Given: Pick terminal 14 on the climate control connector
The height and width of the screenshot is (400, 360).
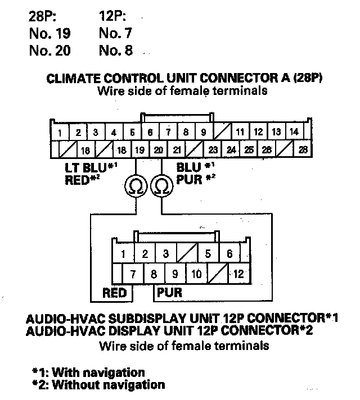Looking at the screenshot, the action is (x=293, y=133).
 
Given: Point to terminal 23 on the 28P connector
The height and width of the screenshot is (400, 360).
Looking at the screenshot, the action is (x=213, y=150).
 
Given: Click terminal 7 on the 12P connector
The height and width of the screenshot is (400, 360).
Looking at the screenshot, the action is (x=134, y=274).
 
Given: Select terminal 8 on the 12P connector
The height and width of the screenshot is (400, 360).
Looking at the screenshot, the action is (x=154, y=274).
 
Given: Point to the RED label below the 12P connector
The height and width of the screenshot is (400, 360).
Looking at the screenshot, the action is (x=114, y=293).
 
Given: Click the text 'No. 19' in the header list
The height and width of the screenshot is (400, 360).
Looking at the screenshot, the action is (x=49, y=33).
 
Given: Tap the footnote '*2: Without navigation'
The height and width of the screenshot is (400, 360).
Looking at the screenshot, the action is (x=98, y=385).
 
